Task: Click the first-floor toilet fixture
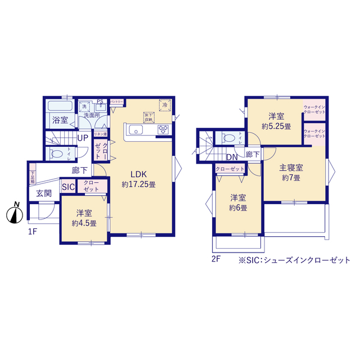[58, 154]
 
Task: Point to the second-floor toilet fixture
[230, 138]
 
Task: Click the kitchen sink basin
[137, 130]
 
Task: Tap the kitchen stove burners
[163, 130]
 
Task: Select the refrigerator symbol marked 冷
[165, 105]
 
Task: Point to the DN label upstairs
[231, 157]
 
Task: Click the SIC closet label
[68, 187]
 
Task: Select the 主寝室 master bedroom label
[291, 168]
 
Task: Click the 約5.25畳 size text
[276, 127]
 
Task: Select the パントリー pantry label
[117, 101]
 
